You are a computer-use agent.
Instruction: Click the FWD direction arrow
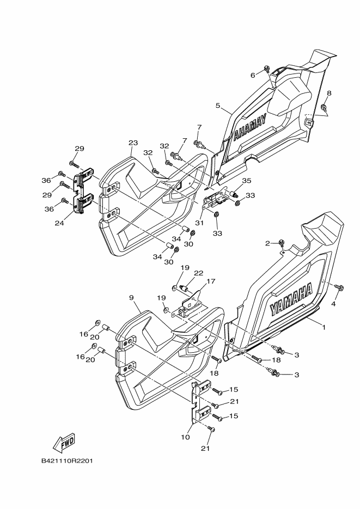64,443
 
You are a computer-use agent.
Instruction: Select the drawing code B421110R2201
67,461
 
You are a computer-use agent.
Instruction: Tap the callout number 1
324,327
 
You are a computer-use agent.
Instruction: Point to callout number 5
217,106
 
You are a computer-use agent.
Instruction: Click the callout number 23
133,143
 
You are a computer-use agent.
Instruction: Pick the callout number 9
131,297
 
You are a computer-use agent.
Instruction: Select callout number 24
59,223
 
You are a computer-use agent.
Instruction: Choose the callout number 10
185,437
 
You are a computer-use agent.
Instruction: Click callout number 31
199,223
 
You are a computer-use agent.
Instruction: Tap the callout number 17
211,281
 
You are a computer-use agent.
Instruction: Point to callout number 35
247,181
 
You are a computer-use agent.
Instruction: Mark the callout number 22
199,273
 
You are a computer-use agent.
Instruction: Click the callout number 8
329,93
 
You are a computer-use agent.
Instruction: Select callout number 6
253,75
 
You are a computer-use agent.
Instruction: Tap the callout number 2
267,243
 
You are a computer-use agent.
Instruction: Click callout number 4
333,304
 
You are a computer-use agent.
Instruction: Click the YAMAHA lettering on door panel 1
291,299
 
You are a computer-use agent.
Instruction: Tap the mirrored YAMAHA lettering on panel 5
250,127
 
